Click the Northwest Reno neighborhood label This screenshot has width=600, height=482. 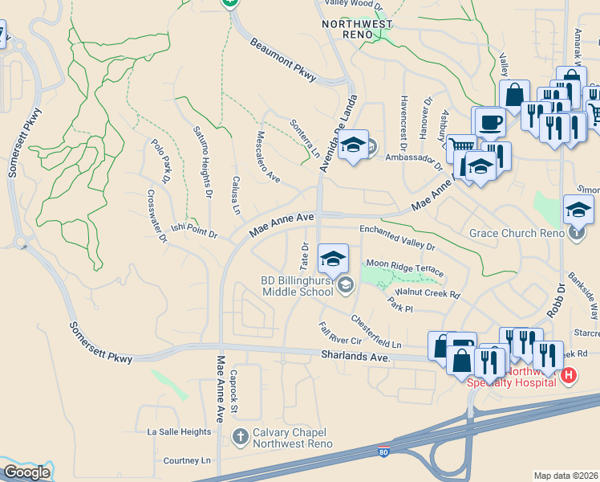click(x=357, y=24)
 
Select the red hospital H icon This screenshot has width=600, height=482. click(x=569, y=375)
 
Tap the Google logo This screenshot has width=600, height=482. click(x=26, y=472)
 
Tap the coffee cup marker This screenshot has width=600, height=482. click(x=489, y=123)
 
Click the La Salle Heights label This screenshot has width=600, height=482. click(x=179, y=431)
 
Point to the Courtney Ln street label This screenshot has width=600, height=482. click(x=186, y=461)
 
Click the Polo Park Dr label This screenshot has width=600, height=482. click(x=160, y=161)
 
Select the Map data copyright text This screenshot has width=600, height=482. click(x=566, y=476)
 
